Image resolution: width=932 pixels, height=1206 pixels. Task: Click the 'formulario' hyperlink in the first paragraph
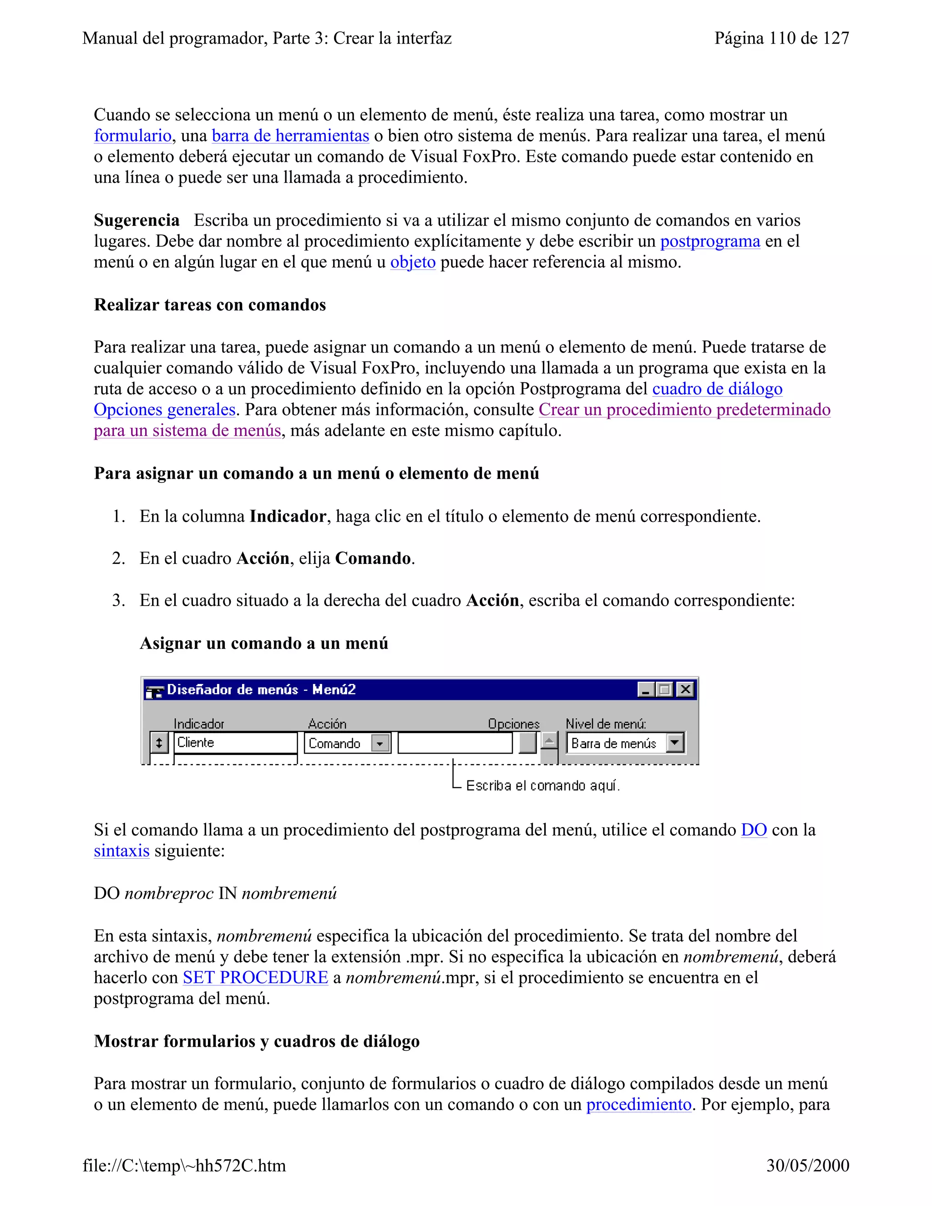[x=132, y=136]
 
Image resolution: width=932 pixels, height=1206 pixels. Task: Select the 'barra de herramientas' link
[x=290, y=136]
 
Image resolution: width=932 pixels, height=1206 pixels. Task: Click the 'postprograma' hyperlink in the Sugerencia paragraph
[x=710, y=241]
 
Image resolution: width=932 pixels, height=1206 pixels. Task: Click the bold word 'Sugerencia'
[x=137, y=220]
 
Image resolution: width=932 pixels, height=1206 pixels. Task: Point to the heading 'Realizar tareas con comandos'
[x=210, y=305]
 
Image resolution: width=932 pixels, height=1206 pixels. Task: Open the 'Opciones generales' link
[x=165, y=410]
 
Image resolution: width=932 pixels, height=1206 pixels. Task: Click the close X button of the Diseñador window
[x=685, y=689]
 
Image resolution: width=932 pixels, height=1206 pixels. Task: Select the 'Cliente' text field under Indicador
[x=235, y=743]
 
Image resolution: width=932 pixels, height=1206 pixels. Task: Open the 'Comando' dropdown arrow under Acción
[x=380, y=743]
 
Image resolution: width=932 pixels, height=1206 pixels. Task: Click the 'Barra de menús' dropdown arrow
[x=675, y=743]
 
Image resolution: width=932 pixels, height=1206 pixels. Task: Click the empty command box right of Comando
[x=455, y=743]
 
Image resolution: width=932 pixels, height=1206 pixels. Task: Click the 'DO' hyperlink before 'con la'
[x=753, y=830]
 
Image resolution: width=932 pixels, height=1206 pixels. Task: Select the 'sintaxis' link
[x=122, y=851]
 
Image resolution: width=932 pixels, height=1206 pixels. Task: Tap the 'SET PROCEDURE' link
[x=255, y=978]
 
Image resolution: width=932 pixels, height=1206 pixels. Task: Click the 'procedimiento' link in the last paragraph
[x=638, y=1105]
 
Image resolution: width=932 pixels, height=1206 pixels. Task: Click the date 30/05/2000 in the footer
[x=807, y=1165]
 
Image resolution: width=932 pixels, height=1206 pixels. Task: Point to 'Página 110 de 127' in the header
[x=781, y=38]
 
